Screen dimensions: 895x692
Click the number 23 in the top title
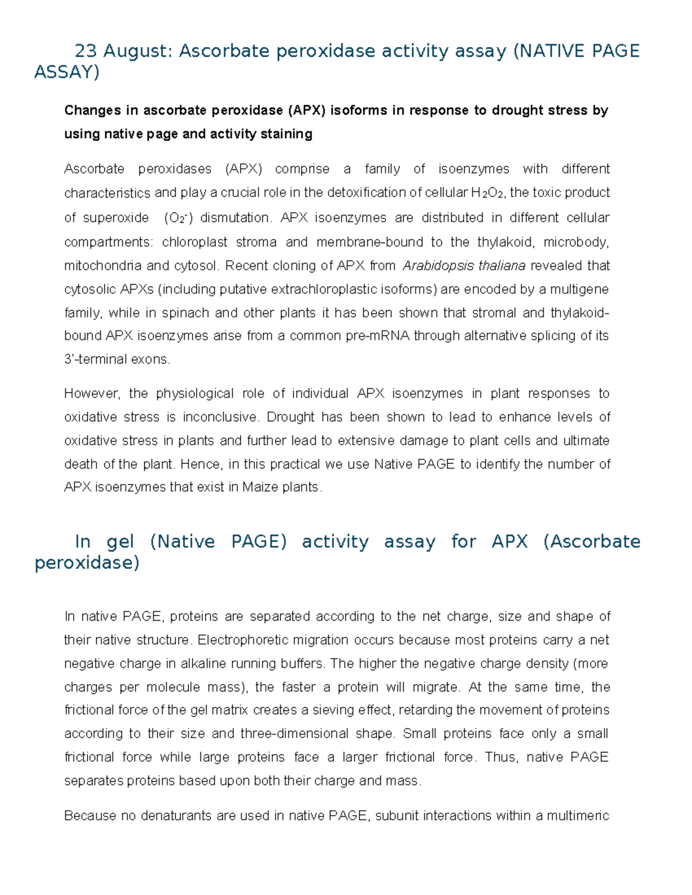(86, 51)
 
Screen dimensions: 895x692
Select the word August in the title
(138, 51)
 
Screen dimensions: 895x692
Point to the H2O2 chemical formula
(487, 193)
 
